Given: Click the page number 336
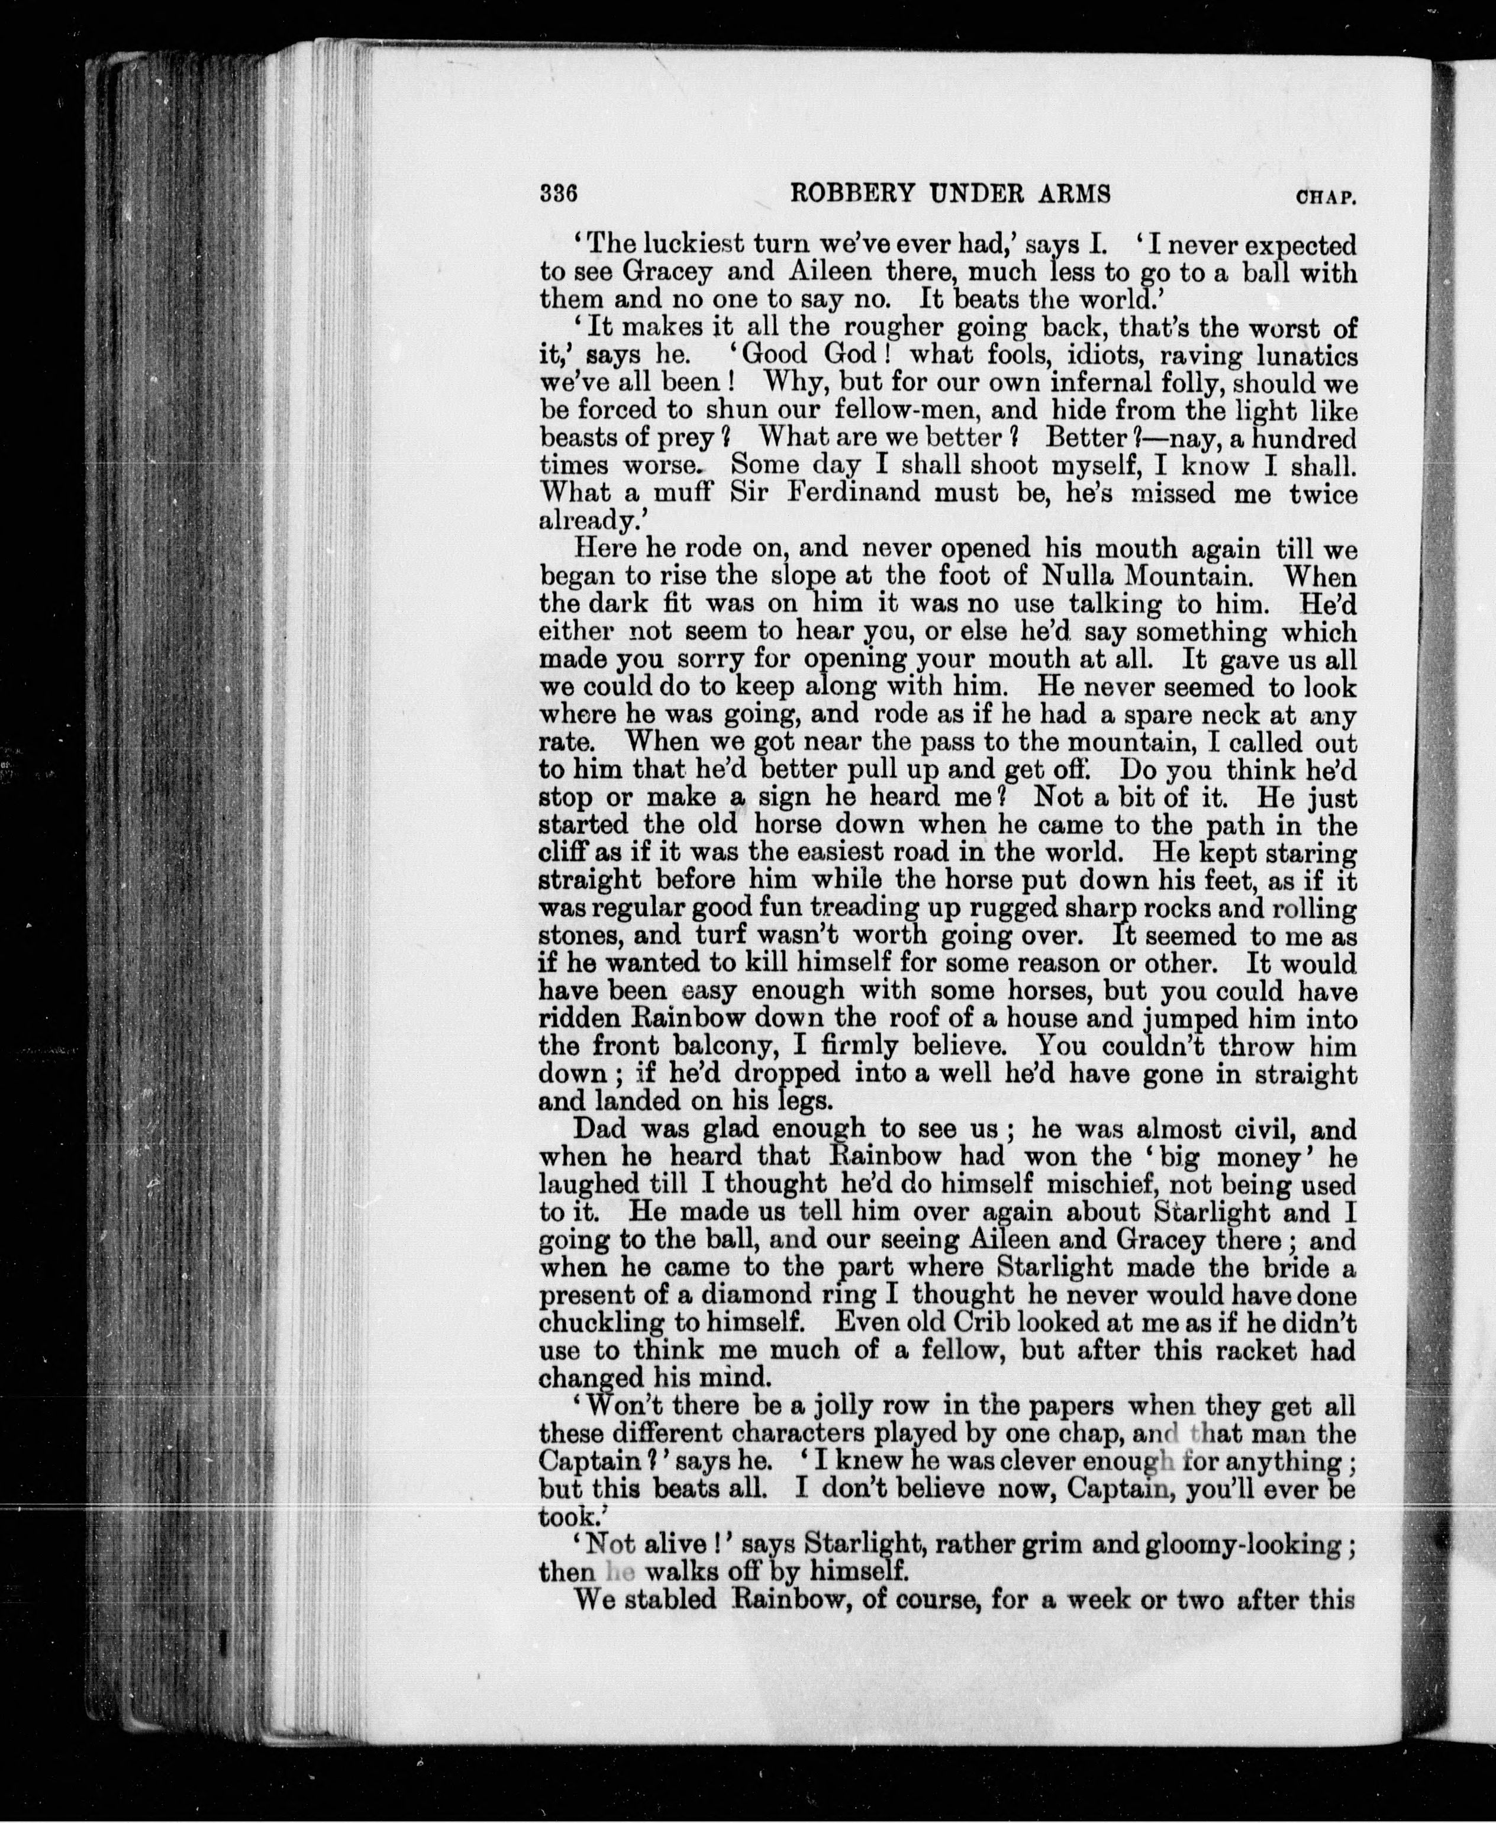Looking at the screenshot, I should click(557, 194).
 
